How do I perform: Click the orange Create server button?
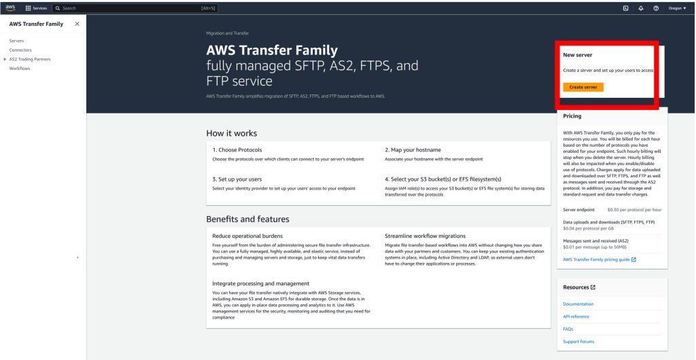(x=582, y=87)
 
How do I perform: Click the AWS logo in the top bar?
(x=12, y=7)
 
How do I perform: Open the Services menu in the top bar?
(x=36, y=8)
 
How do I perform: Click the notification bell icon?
(x=641, y=8)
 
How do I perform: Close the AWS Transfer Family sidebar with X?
(x=77, y=24)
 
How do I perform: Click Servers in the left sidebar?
(x=16, y=41)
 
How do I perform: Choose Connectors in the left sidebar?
(x=20, y=50)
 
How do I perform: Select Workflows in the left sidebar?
(x=20, y=69)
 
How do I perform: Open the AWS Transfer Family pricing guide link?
(x=597, y=259)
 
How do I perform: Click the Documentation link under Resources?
(x=578, y=304)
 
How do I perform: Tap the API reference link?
(x=576, y=317)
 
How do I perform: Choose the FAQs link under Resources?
(x=568, y=329)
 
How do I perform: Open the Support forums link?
(x=578, y=341)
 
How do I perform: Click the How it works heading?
(x=231, y=133)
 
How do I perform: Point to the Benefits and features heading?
(x=247, y=219)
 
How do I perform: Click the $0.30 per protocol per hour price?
(x=633, y=210)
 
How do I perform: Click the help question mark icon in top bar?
(x=656, y=8)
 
